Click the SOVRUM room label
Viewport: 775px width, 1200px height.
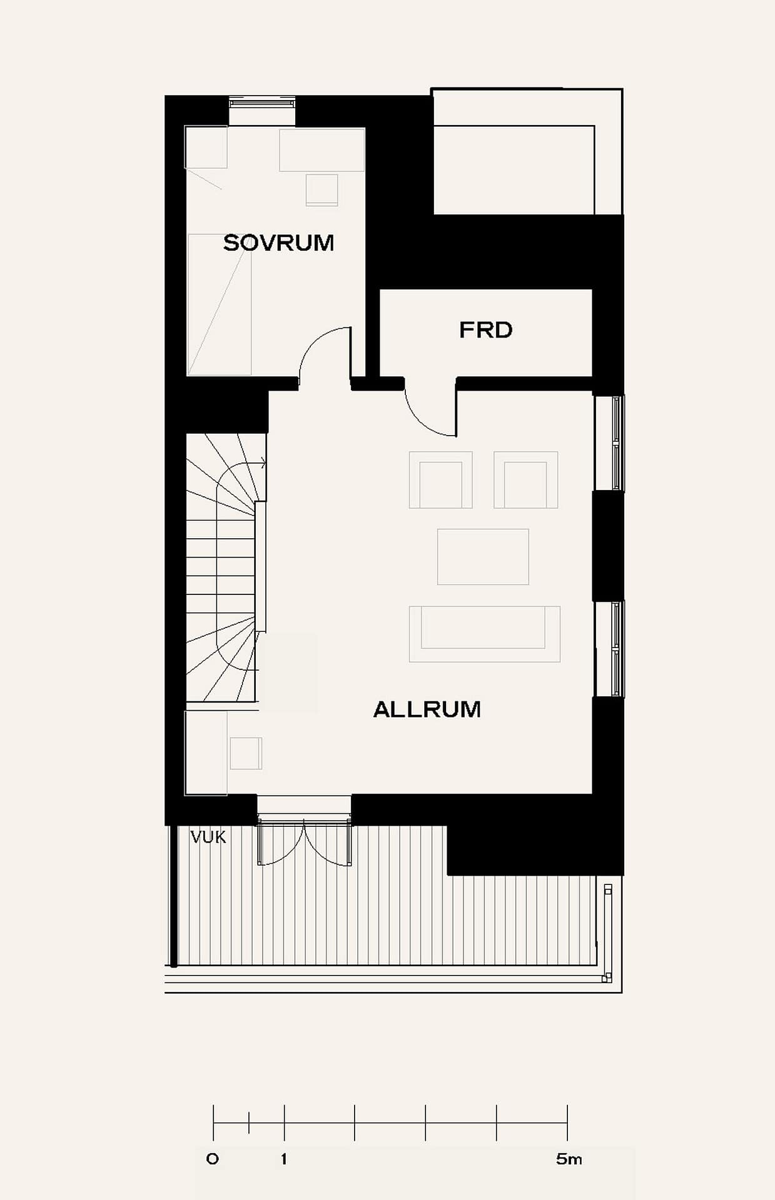[x=278, y=242]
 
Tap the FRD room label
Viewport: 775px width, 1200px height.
[x=485, y=330]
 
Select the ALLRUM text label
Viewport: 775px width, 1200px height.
[x=427, y=709]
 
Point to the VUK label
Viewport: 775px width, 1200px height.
[x=208, y=837]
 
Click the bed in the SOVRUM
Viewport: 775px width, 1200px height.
[x=220, y=304]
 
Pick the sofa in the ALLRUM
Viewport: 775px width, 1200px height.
[x=485, y=634]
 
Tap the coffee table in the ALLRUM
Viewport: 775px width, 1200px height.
[x=483, y=557]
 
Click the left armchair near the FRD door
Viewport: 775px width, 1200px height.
[x=441, y=480]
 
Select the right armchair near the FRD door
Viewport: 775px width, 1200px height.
[x=526, y=480]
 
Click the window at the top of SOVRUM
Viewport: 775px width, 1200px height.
[x=262, y=102]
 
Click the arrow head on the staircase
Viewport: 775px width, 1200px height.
[x=263, y=463]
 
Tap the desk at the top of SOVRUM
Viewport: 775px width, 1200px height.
[x=322, y=150]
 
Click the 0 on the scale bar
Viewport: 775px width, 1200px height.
[x=213, y=1159]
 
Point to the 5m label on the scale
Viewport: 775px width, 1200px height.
[x=569, y=1159]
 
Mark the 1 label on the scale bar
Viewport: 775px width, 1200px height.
[x=284, y=1159]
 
